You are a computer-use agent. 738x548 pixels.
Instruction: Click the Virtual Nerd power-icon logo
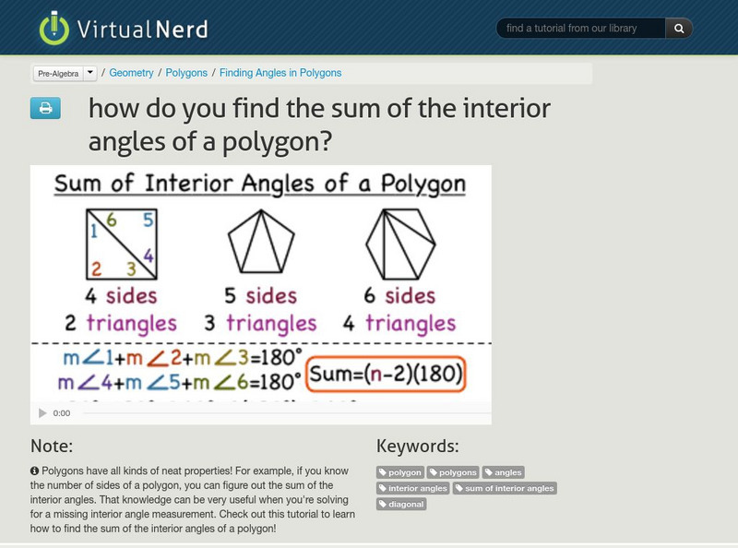point(54,28)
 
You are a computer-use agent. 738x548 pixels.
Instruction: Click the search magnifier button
point(679,29)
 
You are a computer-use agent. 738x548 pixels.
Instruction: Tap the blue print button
point(44,109)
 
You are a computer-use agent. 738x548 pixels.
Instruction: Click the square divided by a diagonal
point(123,244)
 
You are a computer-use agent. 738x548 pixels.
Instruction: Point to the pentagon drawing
point(261,242)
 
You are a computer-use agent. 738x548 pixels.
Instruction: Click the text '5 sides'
point(260,296)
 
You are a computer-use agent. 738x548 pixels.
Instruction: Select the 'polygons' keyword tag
point(453,472)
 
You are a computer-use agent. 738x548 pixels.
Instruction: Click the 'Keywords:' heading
point(417,447)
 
